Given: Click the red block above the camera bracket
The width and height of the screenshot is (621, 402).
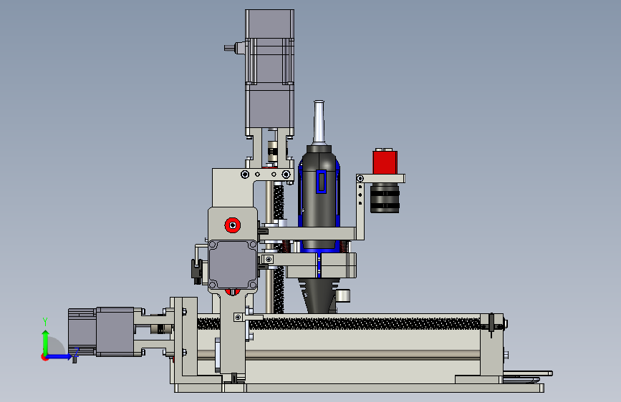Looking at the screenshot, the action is click(x=385, y=162).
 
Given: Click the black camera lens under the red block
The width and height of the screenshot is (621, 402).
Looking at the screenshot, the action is click(x=385, y=198).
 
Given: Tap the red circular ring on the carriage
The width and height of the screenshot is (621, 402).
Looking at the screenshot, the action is click(x=233, y=225).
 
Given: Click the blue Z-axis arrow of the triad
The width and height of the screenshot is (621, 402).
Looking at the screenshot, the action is click(x=59, y=356).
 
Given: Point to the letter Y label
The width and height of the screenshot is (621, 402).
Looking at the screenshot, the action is click(x=45, y=322).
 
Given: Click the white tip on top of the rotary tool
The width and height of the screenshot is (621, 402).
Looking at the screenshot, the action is click(x=319, y=122).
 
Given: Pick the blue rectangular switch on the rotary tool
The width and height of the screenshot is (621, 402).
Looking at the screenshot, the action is click(x=321, y=182).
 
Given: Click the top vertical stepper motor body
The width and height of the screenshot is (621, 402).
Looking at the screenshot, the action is click(x=270, y=72).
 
